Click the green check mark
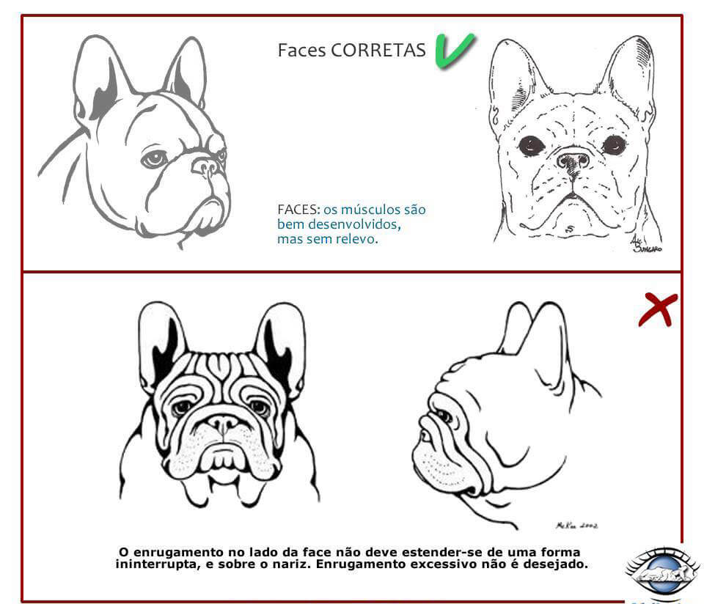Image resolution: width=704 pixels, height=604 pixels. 454,51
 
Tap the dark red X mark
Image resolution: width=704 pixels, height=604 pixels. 657,309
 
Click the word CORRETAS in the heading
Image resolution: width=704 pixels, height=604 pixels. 378,50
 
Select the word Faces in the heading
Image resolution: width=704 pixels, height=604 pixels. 301,50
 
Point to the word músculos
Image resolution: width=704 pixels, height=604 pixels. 370,210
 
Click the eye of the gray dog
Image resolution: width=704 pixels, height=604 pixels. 153,158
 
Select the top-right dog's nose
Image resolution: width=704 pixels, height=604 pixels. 573,159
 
